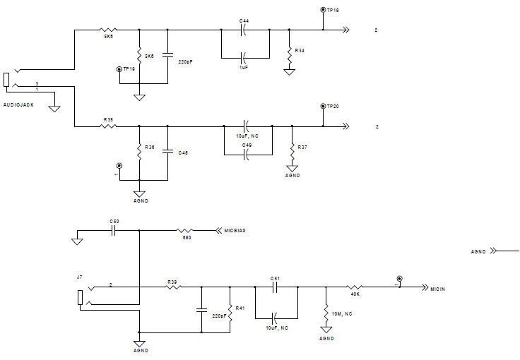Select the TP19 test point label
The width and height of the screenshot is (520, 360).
[129, 69]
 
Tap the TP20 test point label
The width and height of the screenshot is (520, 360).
[333, 106]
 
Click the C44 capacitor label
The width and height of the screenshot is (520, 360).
[244, 22]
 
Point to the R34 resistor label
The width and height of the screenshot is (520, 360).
[300, 51]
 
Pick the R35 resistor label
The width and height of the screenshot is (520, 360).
[108, 119]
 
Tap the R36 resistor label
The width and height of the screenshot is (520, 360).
[149, 148]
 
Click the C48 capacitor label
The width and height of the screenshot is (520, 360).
[183, 152]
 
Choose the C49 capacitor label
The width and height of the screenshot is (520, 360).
[247, 145]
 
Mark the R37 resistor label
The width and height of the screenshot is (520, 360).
[302, 148]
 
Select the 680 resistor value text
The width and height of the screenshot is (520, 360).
[187, 238]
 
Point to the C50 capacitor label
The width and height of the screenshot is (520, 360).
[114, 222]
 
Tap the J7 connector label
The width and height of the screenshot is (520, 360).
[81, 277]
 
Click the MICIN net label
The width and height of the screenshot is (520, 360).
[439, 287]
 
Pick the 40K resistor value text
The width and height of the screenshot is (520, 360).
[356, 295]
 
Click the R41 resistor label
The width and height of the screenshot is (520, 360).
[240, 308]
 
